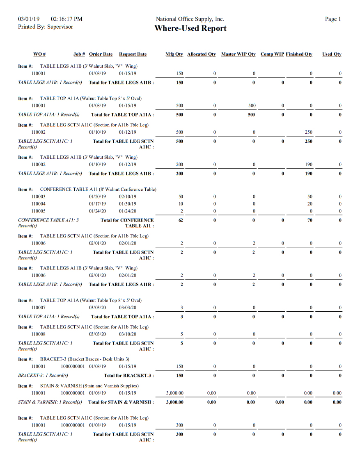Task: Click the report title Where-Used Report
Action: click(190, 28)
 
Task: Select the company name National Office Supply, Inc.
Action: click(190, 19)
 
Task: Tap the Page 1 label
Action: click(333, 19)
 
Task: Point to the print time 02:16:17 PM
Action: click(66, 19)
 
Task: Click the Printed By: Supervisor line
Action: click(46, 27)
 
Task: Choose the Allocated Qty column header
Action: click(201, 54)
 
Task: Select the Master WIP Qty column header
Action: click(238, 54)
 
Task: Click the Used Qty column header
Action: click(332, 54)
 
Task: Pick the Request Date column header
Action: click(133, 54)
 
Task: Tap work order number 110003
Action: click(39, 196)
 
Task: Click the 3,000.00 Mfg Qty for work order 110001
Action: click(174, 393)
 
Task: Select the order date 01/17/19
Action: click(97, 204)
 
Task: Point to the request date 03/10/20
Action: click(127, 334)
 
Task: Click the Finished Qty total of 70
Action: click(310, 220)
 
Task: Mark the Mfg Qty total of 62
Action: click(181, 220)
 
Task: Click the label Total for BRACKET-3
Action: click(128, 375)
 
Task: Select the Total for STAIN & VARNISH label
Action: click(121, 402)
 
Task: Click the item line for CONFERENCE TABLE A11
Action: click(98, 189)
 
